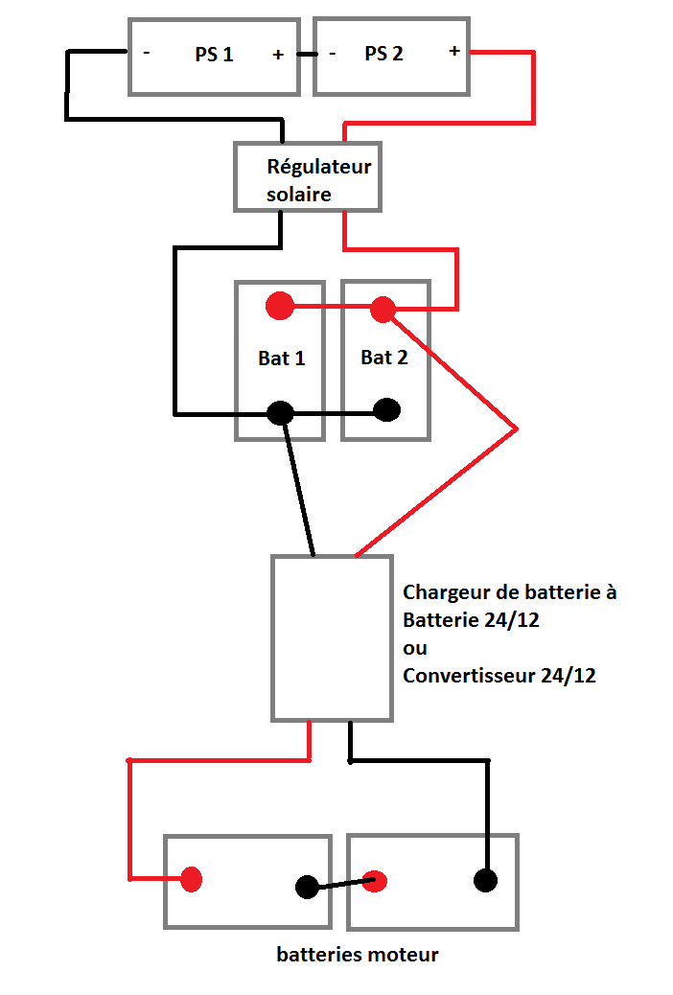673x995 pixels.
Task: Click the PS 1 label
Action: (214, 55)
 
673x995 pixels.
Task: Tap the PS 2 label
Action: (383, 54)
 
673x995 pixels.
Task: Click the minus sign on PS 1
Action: (147, 54)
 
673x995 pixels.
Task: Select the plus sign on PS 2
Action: (453, 51)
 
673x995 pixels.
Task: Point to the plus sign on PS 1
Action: (278, 55)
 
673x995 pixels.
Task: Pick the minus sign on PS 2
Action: (332, 54)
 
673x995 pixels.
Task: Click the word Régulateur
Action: (318, 167)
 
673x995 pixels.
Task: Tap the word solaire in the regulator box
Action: (298, 194)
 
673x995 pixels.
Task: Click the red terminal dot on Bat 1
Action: (279, 307)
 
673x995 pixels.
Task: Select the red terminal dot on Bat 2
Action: (383, 309)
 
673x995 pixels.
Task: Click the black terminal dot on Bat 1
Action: (279, 413)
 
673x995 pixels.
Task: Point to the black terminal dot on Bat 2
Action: (386, 410)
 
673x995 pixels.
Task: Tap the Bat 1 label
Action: (282, 359)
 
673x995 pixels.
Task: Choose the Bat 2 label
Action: (384, 358)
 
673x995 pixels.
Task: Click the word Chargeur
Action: (448, 592)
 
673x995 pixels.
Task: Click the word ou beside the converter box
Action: (415, 647)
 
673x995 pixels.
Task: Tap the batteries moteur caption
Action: (358, 955)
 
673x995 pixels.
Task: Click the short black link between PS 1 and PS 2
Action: (307, 55)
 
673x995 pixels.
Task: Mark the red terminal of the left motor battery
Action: (192, 879)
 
